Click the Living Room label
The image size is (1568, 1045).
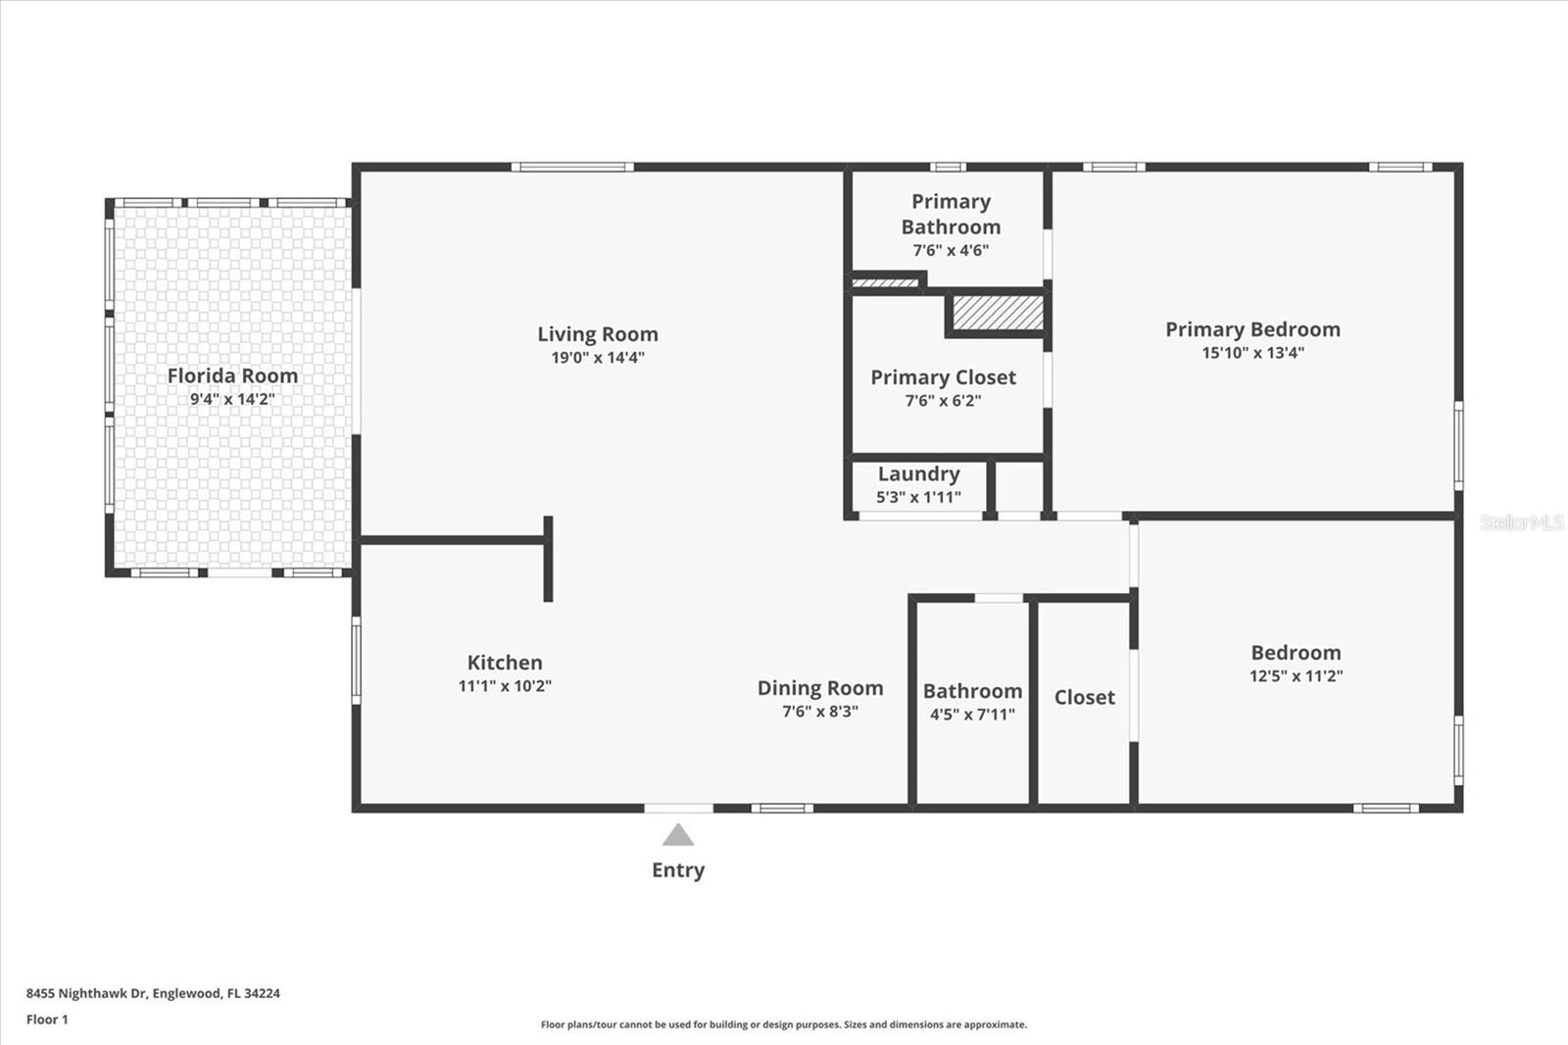[597, 334]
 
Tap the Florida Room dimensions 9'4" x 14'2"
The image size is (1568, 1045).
[232, 399]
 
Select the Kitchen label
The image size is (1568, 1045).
[504, 663]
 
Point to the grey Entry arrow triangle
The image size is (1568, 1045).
[678, 836]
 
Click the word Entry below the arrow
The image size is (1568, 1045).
[678, 870]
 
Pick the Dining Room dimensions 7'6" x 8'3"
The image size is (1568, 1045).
[820, 712]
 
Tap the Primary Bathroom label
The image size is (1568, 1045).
[951, 214]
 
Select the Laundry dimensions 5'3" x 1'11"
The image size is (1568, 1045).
[918, 497]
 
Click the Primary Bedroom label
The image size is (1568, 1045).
[1252, 329]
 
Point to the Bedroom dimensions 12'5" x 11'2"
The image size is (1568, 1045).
[1296, 675]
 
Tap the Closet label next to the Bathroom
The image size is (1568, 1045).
[1084, 697]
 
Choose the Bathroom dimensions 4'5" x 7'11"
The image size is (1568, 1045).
[972, 715]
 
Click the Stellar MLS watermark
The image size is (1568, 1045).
[1521, 522]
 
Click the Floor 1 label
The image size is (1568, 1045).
[47, 1020]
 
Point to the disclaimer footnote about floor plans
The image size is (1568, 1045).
[784, 1024]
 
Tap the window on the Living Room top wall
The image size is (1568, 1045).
[572, 167]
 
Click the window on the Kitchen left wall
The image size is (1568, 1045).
[357, 659]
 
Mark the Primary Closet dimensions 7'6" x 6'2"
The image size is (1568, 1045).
[943, 401]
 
